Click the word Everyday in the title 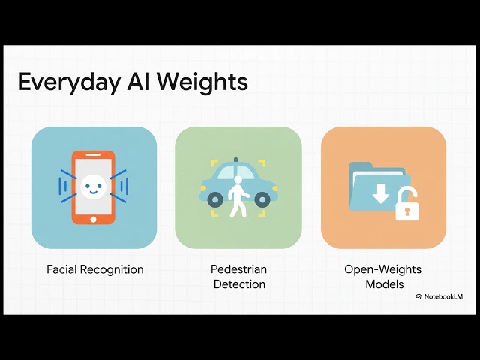pos(69,82)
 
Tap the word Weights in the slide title pos(202,82)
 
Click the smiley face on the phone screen pos(93,187)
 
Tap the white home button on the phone pos(93,220)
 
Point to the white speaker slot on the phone pos(93,155)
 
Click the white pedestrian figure pos(238,196)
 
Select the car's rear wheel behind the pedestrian pos(215,200)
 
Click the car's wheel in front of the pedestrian pos(262,200)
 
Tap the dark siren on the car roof pos(235,160)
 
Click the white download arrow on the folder pos(381,194)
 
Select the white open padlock pos(406,205)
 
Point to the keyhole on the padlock pos(406,211)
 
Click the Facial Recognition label pos(95,269)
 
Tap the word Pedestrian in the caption pos(238,269)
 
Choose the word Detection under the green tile pos(239,284)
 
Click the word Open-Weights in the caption pos(382,269)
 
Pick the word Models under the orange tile pos(385,284)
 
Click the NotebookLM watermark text pos(443,296)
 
